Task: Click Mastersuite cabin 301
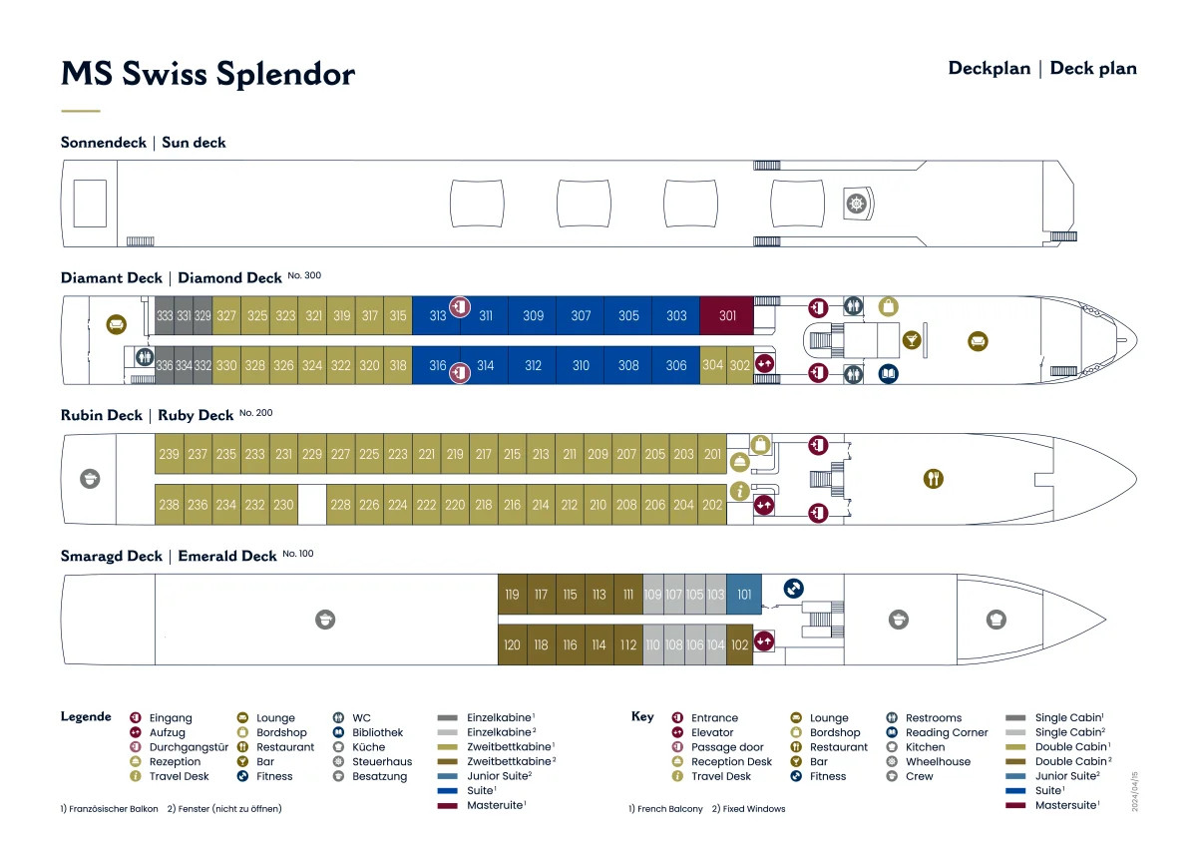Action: coord(727,315)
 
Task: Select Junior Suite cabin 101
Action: coord(744,595)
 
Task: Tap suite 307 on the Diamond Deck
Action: coord(581,315)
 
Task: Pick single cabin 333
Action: coord(165,315)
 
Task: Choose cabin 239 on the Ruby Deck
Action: coord(170,454)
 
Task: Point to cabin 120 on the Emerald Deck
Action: coord(512,644)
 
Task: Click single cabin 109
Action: coord(652,595)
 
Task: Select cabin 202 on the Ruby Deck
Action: coord(712,505)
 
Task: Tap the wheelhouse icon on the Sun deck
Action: coord(856,204)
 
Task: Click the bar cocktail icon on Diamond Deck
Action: coord(911,341)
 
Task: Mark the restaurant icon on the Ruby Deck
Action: coord(933,479)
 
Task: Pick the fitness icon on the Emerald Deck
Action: coord(794,589)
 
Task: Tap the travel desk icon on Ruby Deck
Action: coord(739,490)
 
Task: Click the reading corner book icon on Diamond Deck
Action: coord(888,374)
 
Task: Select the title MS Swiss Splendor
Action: coord(207,75)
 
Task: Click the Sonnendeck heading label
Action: coord(104,143)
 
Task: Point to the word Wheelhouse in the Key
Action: coord(938,761)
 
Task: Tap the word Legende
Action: coord(86,716)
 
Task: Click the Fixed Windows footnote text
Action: coord(749,808)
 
